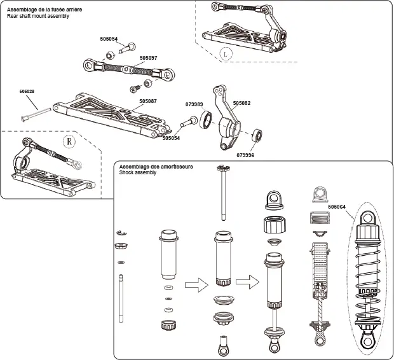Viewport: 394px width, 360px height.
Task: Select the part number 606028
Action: coord(27,92)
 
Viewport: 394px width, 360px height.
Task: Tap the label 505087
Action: coord(147,100)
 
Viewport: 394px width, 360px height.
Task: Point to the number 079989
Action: coord(194,104)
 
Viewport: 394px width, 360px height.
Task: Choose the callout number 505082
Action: coord(241,102)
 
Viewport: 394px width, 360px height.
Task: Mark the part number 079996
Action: coord(245,155)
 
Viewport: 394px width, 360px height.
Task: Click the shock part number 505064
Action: coord(338,206)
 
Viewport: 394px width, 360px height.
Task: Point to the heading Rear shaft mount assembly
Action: coord(38,16)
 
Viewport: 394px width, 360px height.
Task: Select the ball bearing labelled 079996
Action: coord(257,135)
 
